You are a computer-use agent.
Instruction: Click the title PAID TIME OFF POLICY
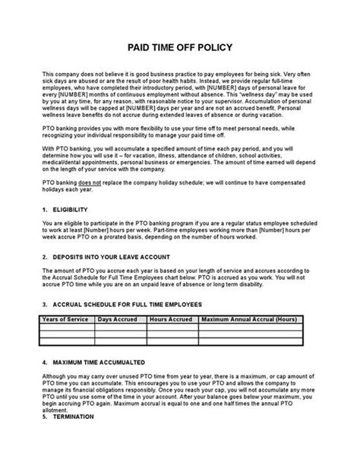click(x=179, y=46)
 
